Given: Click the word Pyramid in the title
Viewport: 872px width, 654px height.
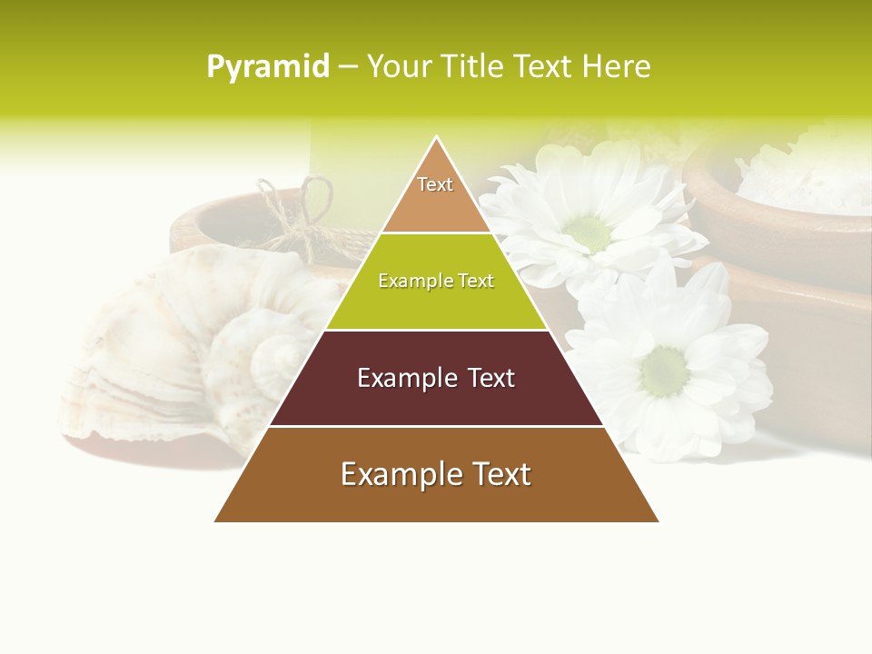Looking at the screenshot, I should [267, 67].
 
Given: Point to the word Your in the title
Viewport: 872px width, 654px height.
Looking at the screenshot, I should [398, 67].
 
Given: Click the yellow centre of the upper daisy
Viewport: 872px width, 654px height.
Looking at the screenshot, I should [591, 233].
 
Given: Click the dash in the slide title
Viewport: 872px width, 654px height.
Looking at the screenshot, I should [347, 67].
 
